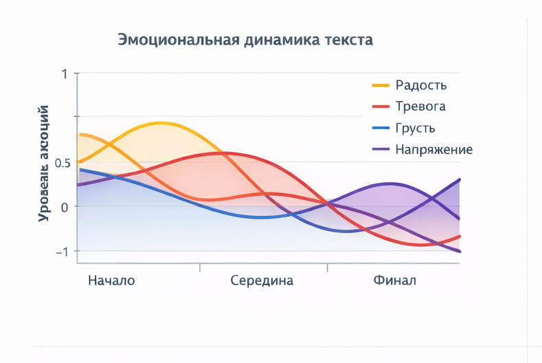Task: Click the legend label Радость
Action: tap(421, 85)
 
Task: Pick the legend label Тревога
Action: tap(420, 107)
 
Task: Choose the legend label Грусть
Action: tap(415, 128)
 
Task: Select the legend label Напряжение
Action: tap(433, 149)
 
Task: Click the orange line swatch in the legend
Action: tap(381, 85)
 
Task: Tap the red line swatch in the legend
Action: tap(381, 107)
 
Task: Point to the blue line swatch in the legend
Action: tap(381, 128)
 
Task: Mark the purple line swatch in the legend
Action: tap(381, 149)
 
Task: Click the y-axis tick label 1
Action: tap(65, 74)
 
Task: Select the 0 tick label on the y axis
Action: tap(65, 207)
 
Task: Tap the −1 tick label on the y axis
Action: tap(62, 252)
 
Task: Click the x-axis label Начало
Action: tap(112, 280)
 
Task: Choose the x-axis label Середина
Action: tap(262, 280)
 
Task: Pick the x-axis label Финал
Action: tap(395, 280)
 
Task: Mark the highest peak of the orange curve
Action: tap(161, 123)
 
